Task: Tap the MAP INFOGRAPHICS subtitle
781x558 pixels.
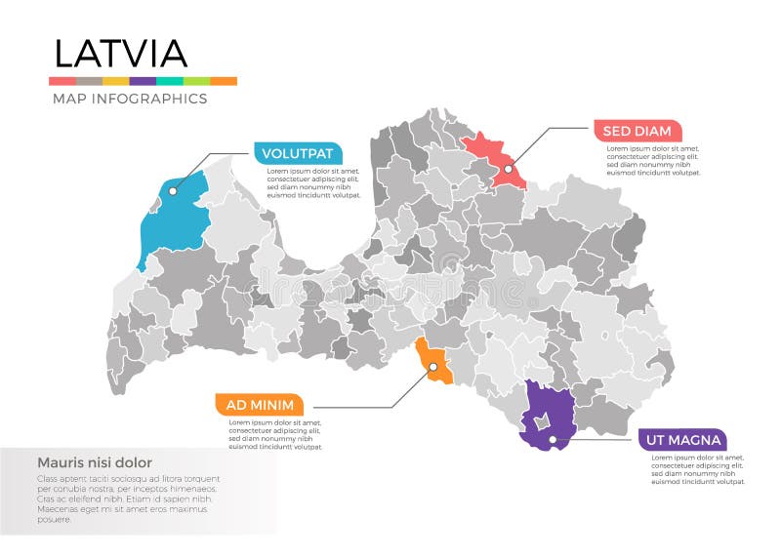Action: coord(129,99)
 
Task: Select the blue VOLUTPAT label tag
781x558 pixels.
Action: coord(298,153)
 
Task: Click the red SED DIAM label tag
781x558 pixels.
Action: coord(637,131)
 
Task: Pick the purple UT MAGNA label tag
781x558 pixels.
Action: coord(682,440)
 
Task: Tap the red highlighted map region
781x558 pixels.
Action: coord(493,156)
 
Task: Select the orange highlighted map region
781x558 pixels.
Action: coord(436,362)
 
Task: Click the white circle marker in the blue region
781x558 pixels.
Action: coord(172,191)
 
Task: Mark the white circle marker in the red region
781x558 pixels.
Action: coord(508,169)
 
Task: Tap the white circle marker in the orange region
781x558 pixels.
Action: coord(431,367)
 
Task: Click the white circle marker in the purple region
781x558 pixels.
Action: coord(553,439)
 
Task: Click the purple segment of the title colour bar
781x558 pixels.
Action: coord(143,81)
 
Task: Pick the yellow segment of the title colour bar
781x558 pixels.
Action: coord(115,81)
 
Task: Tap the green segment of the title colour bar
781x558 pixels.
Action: coord(196,81)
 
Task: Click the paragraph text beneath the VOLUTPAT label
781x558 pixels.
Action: coord(313,183)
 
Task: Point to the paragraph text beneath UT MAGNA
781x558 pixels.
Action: coord(697,469)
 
